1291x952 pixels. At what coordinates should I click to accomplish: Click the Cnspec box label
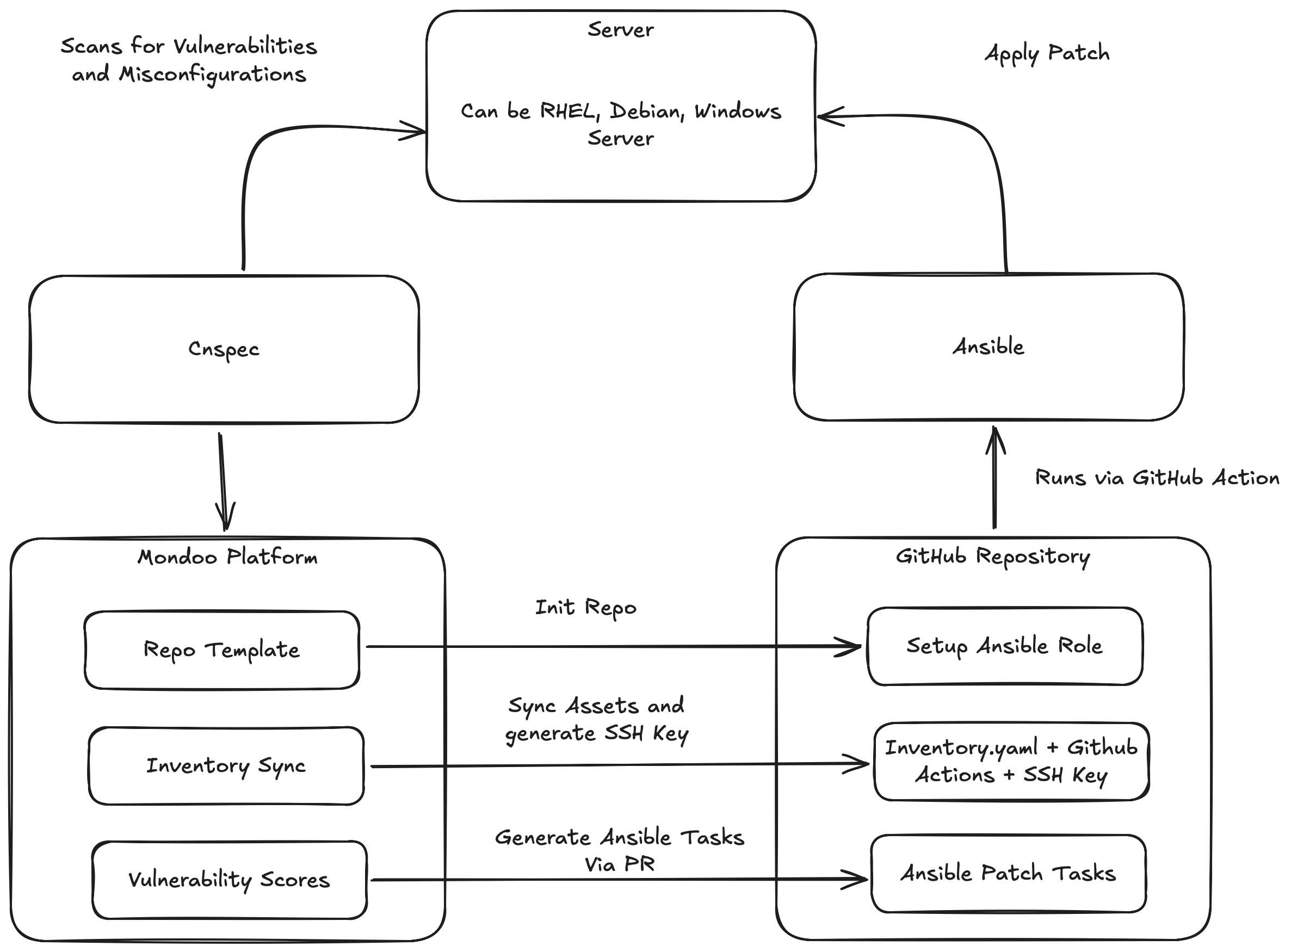[224, 349]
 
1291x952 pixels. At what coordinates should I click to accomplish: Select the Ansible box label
[989, 347]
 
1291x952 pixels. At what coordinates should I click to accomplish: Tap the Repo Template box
[222, 650]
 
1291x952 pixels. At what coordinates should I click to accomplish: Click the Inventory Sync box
[226, 766]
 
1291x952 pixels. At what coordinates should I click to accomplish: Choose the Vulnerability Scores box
[230, 880]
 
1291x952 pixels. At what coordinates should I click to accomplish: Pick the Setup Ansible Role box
[1004, 646]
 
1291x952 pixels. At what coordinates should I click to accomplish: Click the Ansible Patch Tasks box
[1008, 874]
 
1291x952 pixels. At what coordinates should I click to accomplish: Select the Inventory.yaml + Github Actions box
[1011, 761]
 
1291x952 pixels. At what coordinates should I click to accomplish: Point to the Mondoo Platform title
[227, 557]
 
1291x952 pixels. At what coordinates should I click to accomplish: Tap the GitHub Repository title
[992, 556]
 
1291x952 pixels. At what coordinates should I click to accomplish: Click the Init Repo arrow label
[585, 608]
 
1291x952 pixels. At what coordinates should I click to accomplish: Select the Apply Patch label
[1047, 53]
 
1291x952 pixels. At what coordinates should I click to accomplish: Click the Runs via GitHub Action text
[1157, 478]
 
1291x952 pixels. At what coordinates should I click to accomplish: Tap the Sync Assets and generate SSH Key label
[596, 720]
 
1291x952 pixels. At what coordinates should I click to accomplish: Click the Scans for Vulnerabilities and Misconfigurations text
[189, 60]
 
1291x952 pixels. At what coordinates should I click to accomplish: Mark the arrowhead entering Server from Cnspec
[416, 131]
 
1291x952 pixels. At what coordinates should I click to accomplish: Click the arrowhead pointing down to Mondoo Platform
[225, 516]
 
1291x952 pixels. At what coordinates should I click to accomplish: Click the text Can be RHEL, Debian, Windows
[621, 110]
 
